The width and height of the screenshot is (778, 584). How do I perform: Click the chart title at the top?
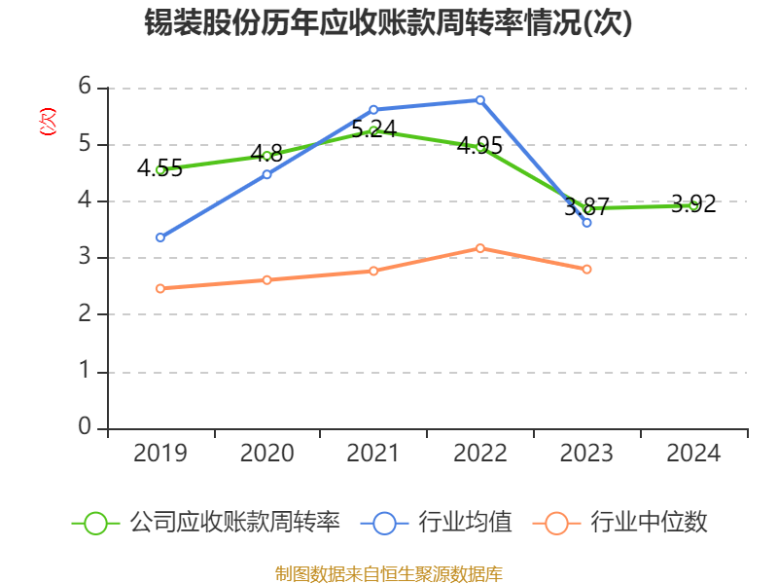pos(388,23)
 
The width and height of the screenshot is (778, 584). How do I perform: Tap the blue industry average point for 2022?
pos(480,99)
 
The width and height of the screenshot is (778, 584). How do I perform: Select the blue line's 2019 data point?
pos(160,237)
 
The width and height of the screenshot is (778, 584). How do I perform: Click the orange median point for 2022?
pos(480,248)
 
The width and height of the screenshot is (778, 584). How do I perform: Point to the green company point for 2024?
pos(693,205)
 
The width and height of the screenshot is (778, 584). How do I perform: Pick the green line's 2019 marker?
pos(160,169)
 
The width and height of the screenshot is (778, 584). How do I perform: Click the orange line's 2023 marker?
pos(587,269)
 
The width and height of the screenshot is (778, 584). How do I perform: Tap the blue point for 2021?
pos(373,109)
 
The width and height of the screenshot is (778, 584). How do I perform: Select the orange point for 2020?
pos(267,279)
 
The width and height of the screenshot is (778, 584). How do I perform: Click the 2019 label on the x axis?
pos(160,454)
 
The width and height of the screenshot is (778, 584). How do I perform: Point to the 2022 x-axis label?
pos(480,454)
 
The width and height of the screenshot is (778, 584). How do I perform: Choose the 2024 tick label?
pos(693,454)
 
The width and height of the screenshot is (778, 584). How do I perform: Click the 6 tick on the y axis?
pos(85,87)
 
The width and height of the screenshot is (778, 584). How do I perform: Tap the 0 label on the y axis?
pos(85,427)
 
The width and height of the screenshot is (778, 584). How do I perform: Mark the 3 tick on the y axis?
pos(85,257)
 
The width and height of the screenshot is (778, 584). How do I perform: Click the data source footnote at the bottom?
pos(388,573)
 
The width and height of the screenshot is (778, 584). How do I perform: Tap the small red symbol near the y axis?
pos(47,122)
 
